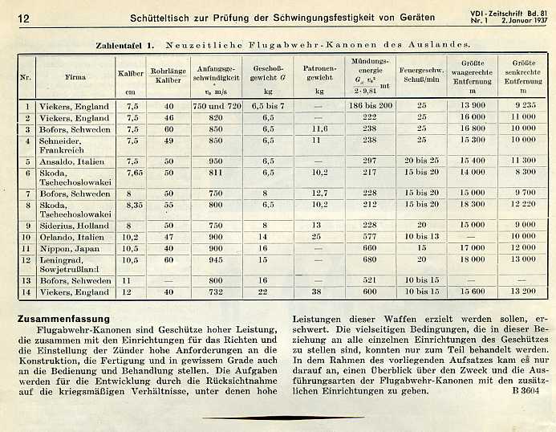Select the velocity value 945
[215, 259]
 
